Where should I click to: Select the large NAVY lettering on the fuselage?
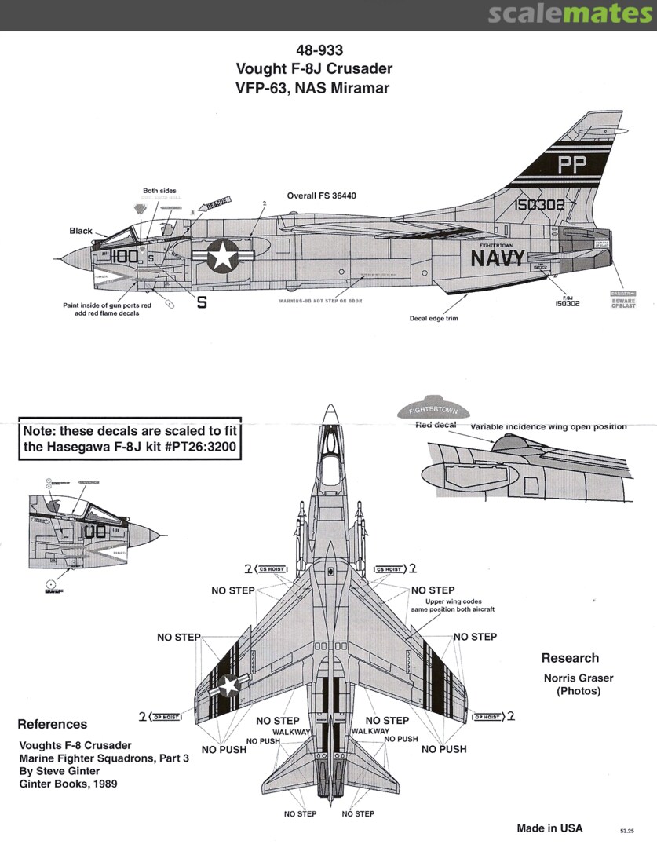coord(498,258)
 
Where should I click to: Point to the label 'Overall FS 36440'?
coord(322,195)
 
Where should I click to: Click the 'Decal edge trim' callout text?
coord(433,318)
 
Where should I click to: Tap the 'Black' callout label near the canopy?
coord(81,231)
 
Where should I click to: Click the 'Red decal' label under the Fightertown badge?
coord(436,425)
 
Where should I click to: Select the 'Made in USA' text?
coord(549,828)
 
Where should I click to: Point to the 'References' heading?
coord(53,724)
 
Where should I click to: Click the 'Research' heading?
coord(570,658)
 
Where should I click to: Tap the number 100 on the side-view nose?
coord(125,256)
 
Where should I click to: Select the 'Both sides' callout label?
coord(159,191)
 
